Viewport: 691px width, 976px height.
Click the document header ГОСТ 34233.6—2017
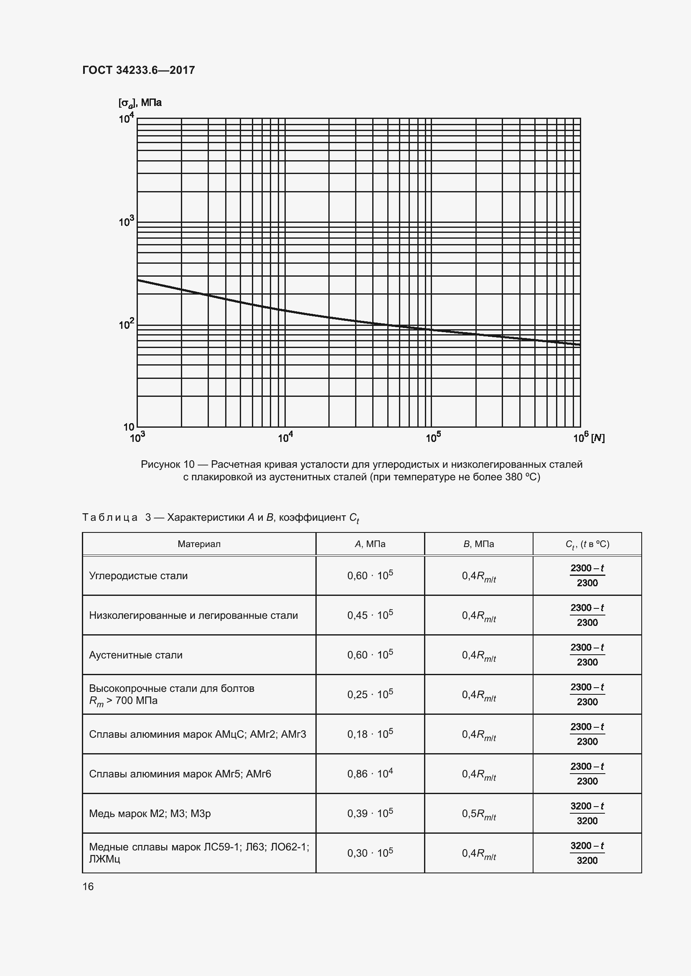coord(138,70)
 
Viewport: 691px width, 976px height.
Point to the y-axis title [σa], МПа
coord(140,103)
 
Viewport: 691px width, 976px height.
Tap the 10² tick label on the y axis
coord(126,324)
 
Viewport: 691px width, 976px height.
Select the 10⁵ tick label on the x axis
coord(433,437)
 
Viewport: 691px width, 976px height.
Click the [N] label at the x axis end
coord(598,438)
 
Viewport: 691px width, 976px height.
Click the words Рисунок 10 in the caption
coord(167,464)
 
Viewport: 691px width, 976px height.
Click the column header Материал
coord(199,544)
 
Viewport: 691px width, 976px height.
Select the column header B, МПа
coord(479,544)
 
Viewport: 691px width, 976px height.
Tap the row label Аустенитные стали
coord(135,655)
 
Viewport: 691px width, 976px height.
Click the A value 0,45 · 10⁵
coord(370,615)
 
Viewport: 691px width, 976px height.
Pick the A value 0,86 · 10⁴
coord(370,774)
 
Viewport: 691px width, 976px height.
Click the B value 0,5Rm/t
coord(479,814)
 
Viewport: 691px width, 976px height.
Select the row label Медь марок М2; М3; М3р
coord(150,814)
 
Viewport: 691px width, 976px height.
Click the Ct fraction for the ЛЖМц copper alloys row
coord(587,853)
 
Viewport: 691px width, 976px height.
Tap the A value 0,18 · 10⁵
coord(370,734)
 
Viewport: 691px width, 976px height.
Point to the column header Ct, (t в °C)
coord(587,544)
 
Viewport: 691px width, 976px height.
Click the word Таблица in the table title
coord(110,517)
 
